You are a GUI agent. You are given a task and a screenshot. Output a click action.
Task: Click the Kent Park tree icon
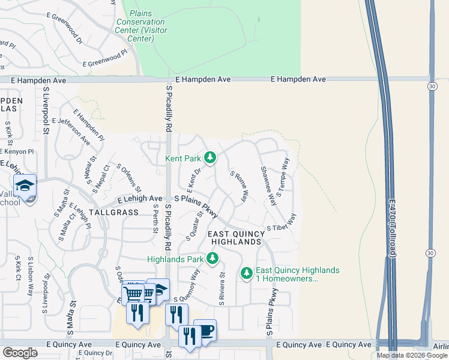tap(209, 158)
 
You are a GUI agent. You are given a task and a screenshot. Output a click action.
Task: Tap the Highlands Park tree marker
tap(212, 259)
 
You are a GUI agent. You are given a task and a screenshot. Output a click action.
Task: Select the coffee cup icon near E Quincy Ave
tap(205, 331)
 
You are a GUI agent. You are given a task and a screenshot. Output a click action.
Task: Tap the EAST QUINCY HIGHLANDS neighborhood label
tap(235, 237)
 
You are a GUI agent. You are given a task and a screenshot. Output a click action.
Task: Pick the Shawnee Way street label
tap(268, 186)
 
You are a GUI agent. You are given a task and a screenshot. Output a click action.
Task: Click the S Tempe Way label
tap(283, 175)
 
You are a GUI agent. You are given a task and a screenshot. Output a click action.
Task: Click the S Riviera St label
tap(221, 289)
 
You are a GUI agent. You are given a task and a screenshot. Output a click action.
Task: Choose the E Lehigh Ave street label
tap(140, 199)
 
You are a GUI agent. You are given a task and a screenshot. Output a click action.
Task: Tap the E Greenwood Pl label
tap(105, 58)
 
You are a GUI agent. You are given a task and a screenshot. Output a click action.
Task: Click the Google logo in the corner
tap(20, 353)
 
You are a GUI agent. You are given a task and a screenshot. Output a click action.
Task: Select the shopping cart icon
tap(134, 293)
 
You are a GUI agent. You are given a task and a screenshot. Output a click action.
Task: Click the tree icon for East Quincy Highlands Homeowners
tap(246, 274)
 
